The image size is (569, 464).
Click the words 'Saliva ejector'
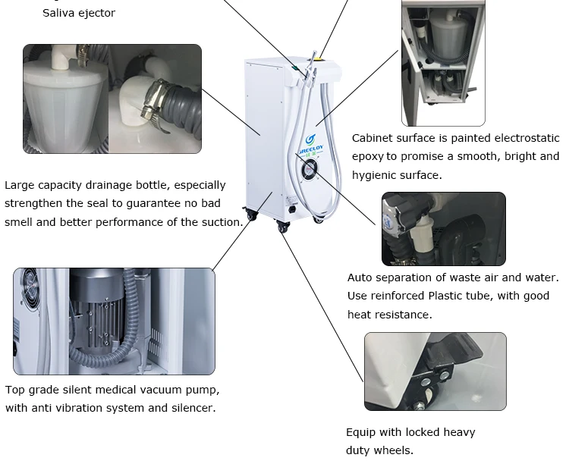[79, 13]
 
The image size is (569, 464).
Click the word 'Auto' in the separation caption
[361, 277]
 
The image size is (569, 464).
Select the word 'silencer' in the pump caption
[192, 408]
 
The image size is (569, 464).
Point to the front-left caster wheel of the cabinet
[283, 226]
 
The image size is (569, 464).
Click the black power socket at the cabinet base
[291, 209]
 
